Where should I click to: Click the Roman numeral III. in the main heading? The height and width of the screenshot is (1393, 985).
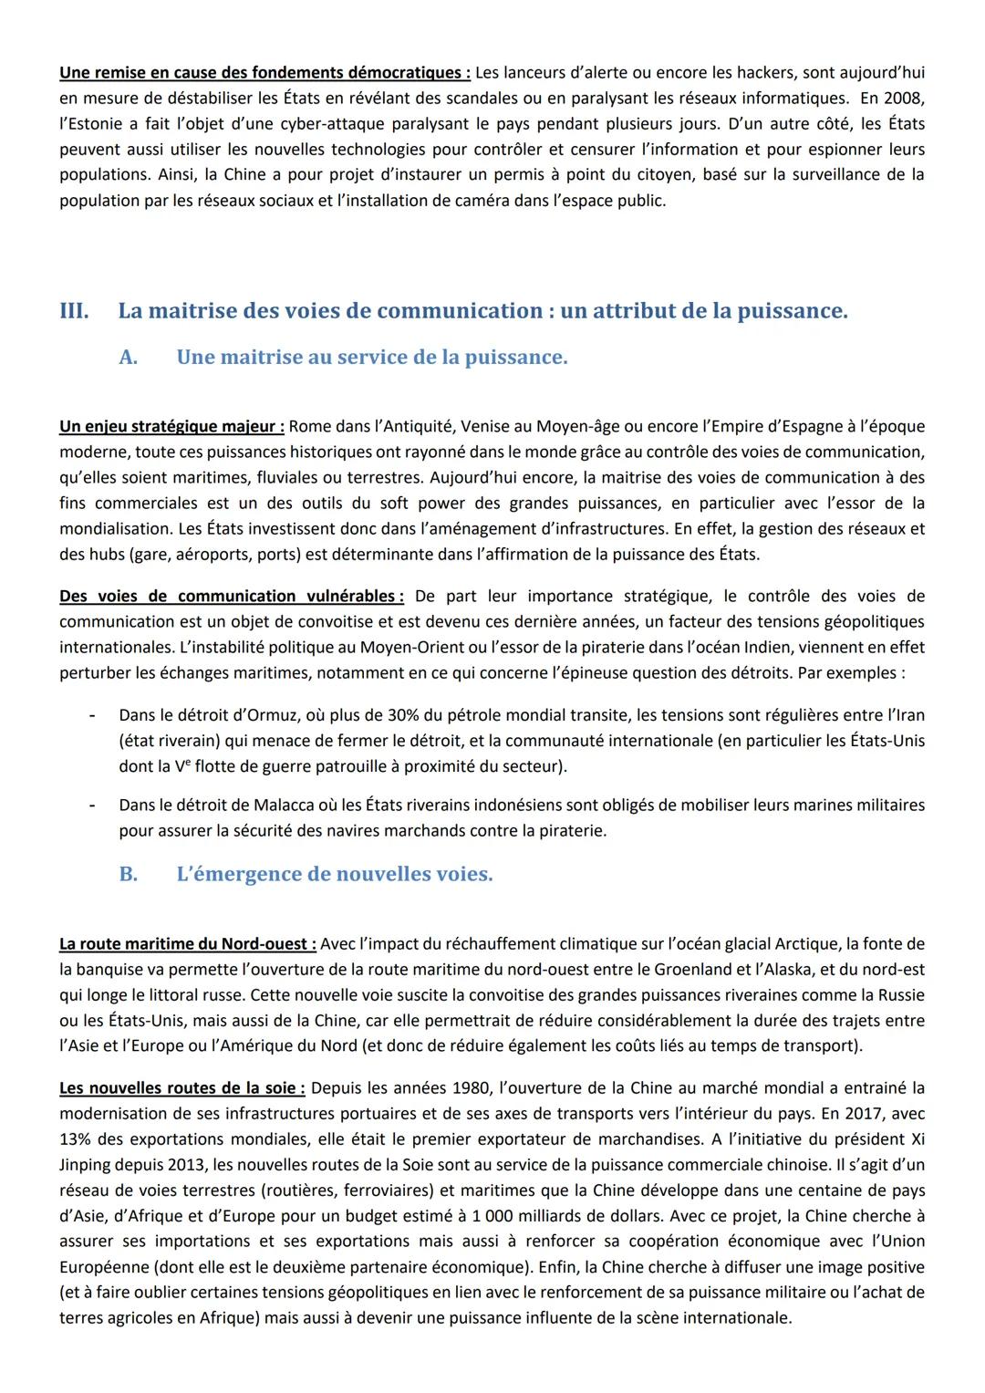[x=74, y=311]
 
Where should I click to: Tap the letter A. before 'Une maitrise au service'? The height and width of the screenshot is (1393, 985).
[x=129, y=358]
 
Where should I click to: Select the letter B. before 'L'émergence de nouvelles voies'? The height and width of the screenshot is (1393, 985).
[x=129, y=874]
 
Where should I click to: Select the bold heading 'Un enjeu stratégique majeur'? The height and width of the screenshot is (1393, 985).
[x=171, y=426]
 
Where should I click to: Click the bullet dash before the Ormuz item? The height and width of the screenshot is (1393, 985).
[x=91, y=715]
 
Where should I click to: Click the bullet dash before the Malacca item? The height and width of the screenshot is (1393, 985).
[x=91, y=806]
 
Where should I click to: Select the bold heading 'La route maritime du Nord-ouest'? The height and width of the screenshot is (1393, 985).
[x=187, y=943]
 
